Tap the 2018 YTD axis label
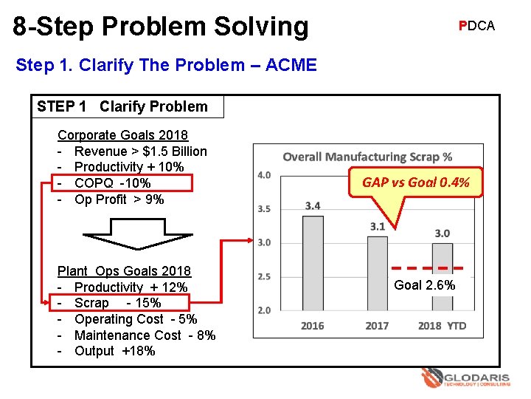coord(442,326)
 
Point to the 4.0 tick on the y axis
coord(263,175)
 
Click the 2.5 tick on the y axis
coord(263,276)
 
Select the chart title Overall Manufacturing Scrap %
coord(367,157)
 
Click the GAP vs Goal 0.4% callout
coord(415,183)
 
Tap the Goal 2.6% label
coord(424,285)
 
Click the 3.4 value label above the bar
coord(313,205)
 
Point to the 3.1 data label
coord(378,226)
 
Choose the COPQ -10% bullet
coord(113,183)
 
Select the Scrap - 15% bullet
coord(117,303)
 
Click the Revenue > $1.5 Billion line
coord(140,151)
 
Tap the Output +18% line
coord(114,351)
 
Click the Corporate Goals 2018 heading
coord(122,135)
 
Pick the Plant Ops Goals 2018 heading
coord(124,271)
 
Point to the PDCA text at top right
coord(476,26)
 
